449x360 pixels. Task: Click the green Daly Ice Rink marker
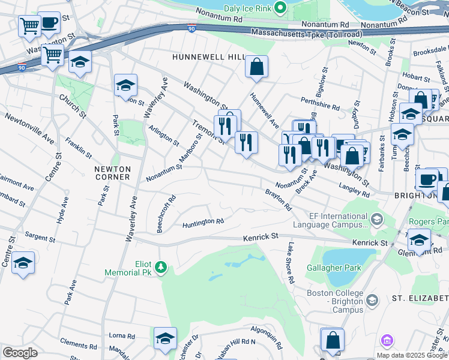279,7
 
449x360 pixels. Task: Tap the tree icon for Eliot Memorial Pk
161,266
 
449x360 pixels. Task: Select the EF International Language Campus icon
376,220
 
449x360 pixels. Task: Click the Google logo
20,353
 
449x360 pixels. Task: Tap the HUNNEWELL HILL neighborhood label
208,56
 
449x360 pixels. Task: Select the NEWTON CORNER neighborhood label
112,173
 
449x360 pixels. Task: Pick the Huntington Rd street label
203,223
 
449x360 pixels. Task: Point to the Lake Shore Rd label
290,263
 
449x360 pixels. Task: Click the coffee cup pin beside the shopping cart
49,22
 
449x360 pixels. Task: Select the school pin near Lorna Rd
165,338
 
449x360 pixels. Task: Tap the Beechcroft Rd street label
166,206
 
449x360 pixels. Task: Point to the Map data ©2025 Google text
412,355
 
